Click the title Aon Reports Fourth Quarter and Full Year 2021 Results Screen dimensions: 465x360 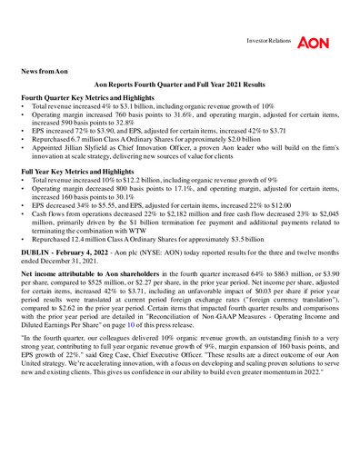pos(180,83)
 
